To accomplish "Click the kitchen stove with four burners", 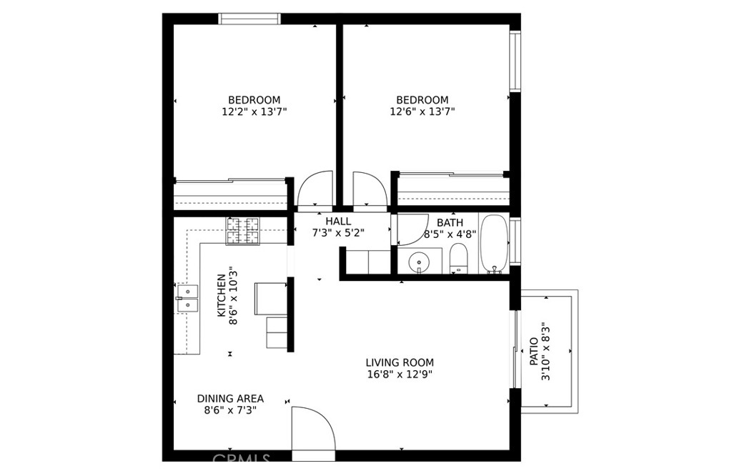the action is click(243, 231).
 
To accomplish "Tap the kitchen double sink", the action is click(187, 298).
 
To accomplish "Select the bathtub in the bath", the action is click(494, 243).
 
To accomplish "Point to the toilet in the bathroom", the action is click(458, 258).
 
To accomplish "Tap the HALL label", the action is click(338, 222).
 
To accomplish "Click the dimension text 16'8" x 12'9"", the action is click(400, 375).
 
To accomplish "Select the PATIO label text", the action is click(534, 352).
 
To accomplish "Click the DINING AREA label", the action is click(230, 399).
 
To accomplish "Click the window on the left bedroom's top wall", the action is click(249, 19).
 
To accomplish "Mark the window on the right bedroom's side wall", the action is click(515, 61).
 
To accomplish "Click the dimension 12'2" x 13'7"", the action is click(254, 112).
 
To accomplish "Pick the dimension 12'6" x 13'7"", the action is click(422, 112).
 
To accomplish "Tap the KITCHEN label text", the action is click(222, 295).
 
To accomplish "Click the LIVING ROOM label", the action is click(400, 362).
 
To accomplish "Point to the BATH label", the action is click(450, 223).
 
